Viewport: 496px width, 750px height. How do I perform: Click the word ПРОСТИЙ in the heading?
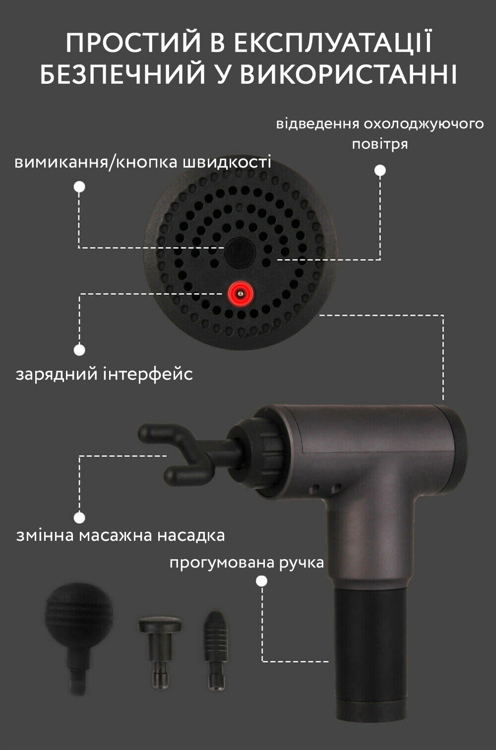coord(133,43)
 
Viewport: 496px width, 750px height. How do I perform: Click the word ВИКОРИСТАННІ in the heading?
coord(348,74)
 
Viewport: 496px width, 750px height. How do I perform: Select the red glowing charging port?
coord(240,293)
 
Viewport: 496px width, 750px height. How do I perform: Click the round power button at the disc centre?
coord(240,252)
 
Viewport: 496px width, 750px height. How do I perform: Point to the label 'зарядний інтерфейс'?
coord(104,374)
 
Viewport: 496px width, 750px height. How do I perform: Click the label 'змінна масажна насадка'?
coord(121,535)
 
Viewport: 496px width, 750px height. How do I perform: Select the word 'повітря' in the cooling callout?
coord(380,144)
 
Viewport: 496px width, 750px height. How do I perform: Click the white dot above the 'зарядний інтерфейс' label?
coord(79,350)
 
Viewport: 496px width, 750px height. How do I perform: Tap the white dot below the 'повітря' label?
coord(380,171)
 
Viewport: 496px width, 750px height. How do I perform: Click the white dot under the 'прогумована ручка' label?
coord(261,581)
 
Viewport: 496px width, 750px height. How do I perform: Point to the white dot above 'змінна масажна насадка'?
coord(79,518)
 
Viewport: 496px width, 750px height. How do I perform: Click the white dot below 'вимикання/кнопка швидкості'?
coord(79,186)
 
